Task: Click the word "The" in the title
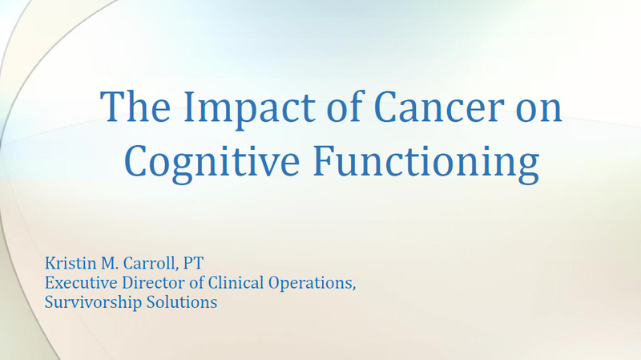pyautogui.click(x=135, y=107)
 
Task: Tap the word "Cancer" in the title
pyautogui.click(x=438, y=107)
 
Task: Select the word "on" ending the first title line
pyautogui.click(x=538, y=111)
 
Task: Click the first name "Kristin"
pyautogui.click(x=71, y=263)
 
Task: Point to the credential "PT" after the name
pyautogui.click(x=193, y=263)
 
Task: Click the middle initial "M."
pyautogui.click(x=109, y=264)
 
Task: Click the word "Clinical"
pyautogui.click(x=236, y=283)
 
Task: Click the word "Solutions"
pyautogui.click(x=182, y=302)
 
